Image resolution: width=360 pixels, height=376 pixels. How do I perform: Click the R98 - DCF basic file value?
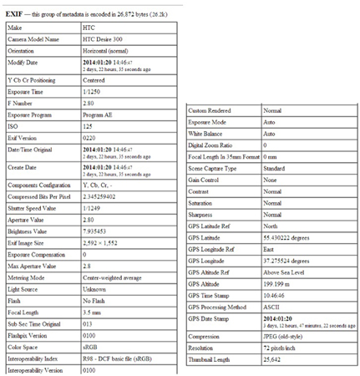119,358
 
